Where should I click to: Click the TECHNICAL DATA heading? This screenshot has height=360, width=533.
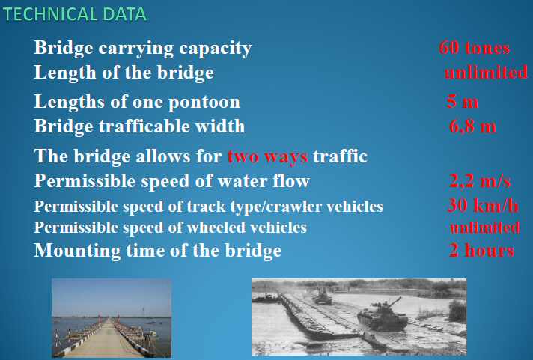click(x=74, y=14)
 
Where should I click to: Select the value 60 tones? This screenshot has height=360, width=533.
click(x=474, y=47)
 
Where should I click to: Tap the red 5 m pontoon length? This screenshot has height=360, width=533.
click(x=462, y=101)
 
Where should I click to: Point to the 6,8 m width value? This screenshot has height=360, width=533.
click(x=472, y=126)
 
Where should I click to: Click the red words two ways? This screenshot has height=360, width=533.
click(x=267, y=156)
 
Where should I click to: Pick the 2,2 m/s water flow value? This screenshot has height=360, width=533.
click(x=480, y=180)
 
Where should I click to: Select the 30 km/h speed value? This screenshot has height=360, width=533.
click(x=483, y=205)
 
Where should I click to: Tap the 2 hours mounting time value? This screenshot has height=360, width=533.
click(x=481, y=251)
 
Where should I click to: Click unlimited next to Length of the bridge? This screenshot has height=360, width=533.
click(x=486, y=72)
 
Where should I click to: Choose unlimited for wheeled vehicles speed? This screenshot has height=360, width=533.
click(x=485, y=228)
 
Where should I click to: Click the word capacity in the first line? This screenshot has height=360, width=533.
click(x=215, y=48)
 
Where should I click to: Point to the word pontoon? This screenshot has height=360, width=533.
click(x=204, y=103)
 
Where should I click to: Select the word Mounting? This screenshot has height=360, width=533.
click(x=77, y=251)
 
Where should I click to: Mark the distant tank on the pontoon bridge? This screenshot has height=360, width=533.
click(x=322, y=296)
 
